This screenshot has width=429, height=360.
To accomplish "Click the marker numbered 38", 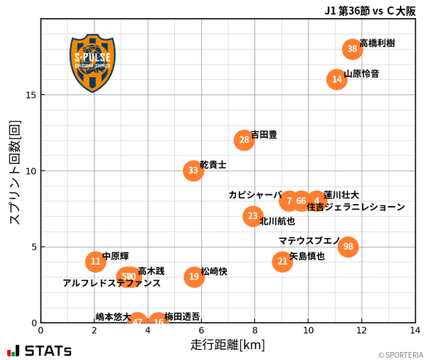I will tap(352, 49).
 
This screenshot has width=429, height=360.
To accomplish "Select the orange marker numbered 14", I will tap(337, 79).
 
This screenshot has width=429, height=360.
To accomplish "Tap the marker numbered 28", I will tap(245, 139).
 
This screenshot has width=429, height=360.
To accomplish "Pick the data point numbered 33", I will tap(193, 171).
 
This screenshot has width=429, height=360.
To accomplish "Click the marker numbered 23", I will tap(253, 216).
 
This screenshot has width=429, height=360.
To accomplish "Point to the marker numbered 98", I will tap(348, 247).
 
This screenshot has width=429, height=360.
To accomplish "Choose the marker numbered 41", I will tap(282, 261).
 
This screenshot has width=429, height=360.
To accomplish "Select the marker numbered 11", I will tap(95, 261).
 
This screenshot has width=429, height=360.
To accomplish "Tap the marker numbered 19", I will tap(194, 277).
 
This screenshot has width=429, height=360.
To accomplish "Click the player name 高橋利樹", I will tap(377, 44).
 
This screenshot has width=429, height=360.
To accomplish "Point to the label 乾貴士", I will tap(213, 165).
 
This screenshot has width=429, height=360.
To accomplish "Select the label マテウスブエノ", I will tap(309, 240).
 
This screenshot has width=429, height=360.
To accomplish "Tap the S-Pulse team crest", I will tap(92, 62).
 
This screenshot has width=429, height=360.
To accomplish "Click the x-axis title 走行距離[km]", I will tap(227, 344).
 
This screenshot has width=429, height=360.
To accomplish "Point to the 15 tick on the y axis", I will tap(30, 95).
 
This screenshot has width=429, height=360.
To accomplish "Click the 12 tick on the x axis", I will tap(362, 330).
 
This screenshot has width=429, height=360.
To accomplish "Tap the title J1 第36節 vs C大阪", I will tap(370, 10).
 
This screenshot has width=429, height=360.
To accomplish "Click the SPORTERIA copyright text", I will tap(399, 355).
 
